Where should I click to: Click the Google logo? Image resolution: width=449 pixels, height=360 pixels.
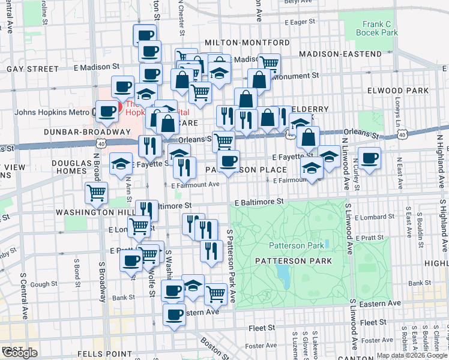click(20, 353)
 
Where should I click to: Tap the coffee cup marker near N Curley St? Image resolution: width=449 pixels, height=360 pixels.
click(370, 158)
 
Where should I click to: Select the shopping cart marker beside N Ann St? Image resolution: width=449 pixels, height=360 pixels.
click(97, 193)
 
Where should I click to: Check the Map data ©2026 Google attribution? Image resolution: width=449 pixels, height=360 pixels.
click(412, 355)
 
